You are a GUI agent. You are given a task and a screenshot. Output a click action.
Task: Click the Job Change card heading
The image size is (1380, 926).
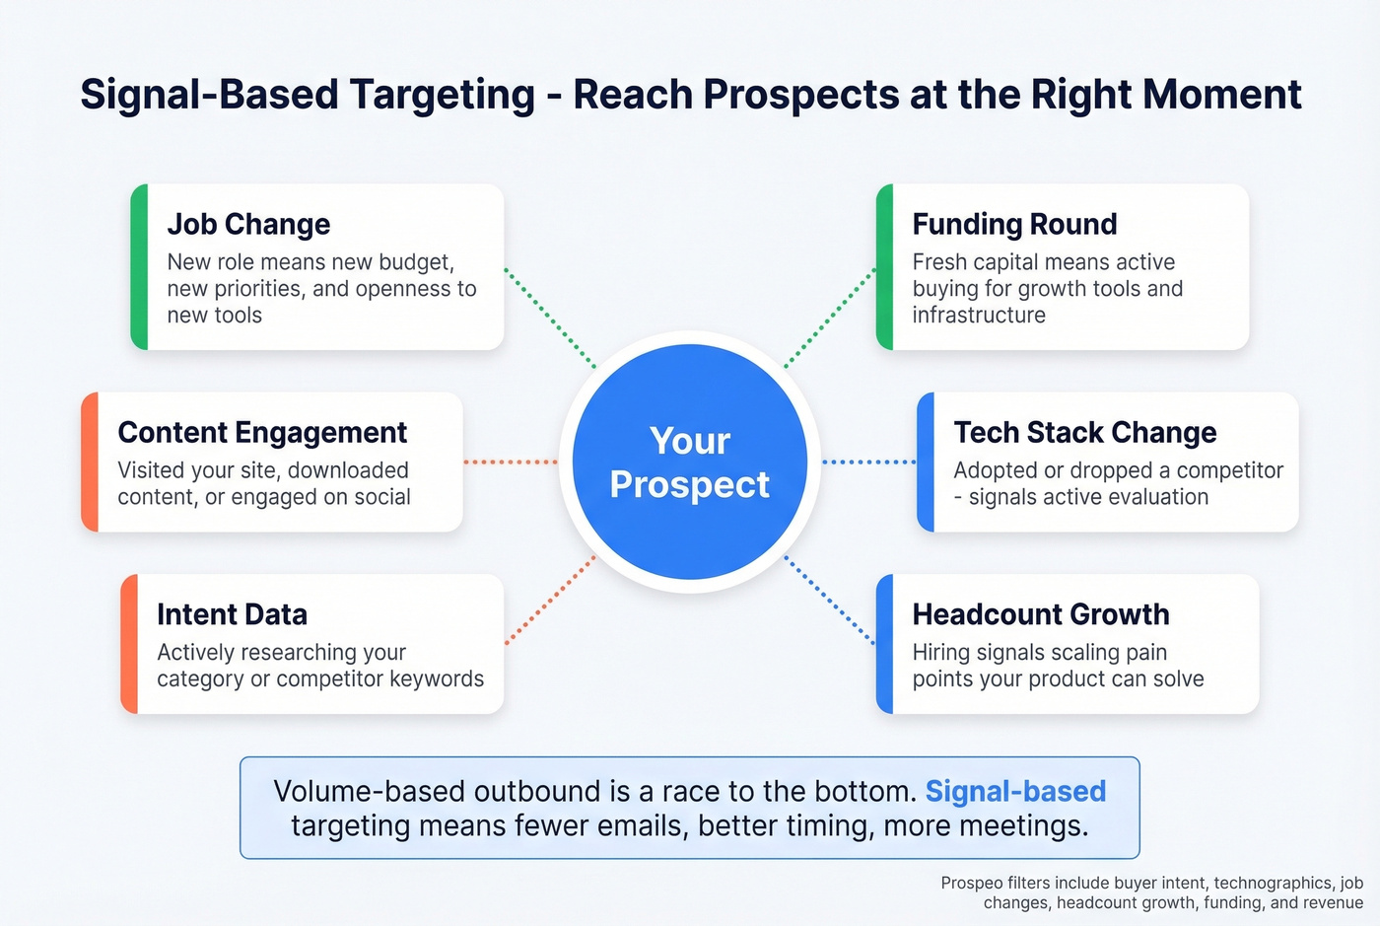pos(248,224)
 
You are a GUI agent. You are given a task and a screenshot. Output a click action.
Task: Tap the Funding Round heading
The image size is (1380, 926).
pos(1014,224)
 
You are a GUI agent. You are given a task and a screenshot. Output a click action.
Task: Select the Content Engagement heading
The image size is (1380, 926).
pos(262,432)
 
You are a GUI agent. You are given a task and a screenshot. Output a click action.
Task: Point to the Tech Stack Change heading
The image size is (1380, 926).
pos(1084,432)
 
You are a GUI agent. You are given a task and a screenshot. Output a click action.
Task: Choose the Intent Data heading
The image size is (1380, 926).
pos(232,614)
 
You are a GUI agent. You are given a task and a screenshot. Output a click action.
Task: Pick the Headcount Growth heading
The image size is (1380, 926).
pos(1040,614)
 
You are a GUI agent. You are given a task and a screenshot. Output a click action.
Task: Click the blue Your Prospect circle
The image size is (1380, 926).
pos(689,462)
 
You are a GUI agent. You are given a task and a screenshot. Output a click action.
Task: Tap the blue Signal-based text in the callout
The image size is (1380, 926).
pos(1015,791)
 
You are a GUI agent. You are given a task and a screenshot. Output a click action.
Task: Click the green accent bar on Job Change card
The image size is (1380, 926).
pos(139,266)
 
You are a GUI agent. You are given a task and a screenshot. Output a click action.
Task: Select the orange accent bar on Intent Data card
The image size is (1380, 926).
pos(129,644)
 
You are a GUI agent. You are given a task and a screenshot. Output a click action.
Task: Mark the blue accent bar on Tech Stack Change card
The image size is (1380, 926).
pos(926,462)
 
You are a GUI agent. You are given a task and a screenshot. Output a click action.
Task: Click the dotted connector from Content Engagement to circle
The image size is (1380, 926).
pos(511,462)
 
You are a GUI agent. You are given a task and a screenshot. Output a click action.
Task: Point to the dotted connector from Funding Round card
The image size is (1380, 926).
pos(830,318)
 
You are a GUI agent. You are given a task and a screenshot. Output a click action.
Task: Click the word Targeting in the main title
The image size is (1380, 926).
pos(442,95)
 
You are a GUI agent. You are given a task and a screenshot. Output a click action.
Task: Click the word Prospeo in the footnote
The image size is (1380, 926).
pos(971,884)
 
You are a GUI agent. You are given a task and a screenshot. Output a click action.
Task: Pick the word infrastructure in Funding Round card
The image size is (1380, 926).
pos(978,316)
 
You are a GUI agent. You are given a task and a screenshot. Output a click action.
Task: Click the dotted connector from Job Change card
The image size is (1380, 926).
pos(550,318)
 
